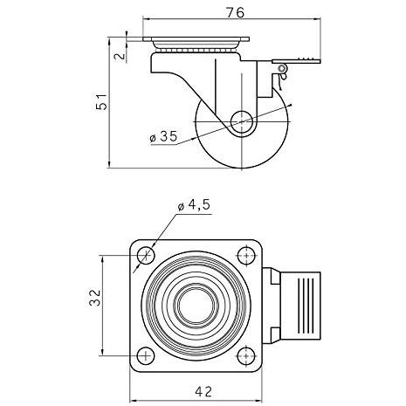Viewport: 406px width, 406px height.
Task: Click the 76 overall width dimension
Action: [236, 12]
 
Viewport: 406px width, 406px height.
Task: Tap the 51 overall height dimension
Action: [101, 102]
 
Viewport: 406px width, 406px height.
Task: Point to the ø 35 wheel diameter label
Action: [163, 136]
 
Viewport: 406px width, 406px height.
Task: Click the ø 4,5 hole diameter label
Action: [194, 205]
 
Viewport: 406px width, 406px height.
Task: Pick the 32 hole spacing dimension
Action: [95, 298]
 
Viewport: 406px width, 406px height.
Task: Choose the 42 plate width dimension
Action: [203, 392]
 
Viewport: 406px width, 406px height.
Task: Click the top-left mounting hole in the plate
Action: [146, 256]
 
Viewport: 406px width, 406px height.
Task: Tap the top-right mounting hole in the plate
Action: [246, 256]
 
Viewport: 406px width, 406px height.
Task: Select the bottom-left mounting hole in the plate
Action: [146, 355]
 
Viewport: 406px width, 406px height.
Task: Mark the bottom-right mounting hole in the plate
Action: [246, 355]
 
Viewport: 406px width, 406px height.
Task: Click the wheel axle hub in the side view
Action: [242, 121]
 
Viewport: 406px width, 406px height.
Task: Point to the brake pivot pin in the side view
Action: [281, 69]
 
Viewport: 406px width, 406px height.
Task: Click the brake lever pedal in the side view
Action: [296, 61]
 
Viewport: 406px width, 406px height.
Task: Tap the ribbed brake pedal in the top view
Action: [300, 306]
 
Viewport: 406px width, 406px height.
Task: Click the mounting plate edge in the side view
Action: [196, 39]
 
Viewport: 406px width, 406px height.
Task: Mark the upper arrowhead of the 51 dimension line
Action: [109, 40]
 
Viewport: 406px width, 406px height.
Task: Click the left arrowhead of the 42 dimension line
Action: [133, 400]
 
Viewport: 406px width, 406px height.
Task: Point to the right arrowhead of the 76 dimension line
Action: [317, 19]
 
